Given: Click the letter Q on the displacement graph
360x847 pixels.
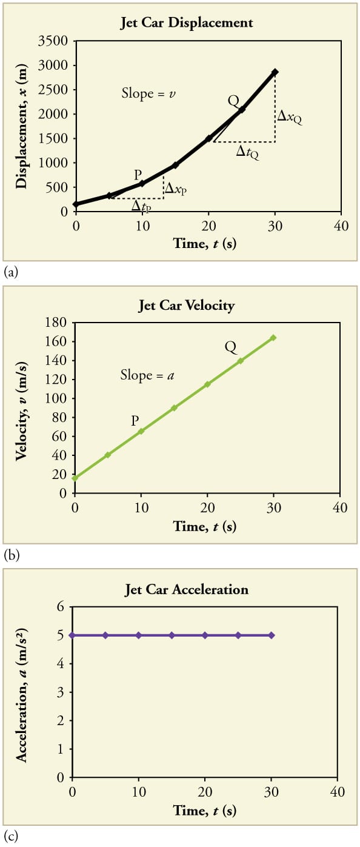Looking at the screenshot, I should click(233, 100).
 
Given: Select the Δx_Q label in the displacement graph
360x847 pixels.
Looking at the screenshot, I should click(289, 116).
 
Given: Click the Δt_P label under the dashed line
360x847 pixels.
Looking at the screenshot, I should click(141, 207).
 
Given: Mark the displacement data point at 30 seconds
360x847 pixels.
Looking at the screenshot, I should click(275, 72).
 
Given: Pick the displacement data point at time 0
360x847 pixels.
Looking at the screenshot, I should click(76, 204).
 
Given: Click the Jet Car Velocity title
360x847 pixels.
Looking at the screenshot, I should click(186, 305).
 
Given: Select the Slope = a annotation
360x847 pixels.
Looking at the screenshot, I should click(147, 375).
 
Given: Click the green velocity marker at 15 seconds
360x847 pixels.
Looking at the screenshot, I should click(175, 408).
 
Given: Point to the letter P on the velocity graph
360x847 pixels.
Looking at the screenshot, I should click(136, 420).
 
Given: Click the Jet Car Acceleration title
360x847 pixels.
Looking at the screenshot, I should click(186, 589).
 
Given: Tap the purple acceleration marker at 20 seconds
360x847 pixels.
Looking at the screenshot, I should click(205, 635).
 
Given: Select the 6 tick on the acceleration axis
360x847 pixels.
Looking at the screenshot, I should click(60, 607).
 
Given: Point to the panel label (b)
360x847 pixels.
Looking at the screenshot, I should click(11, 555).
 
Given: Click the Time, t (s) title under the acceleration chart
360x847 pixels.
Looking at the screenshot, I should click(204, 810).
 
